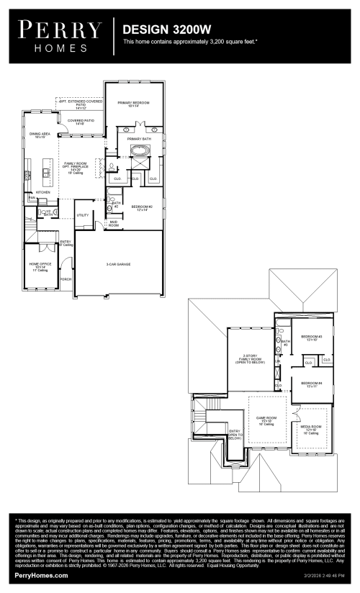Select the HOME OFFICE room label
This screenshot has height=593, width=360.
(39, 267)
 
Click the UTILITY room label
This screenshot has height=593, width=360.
(83, 214)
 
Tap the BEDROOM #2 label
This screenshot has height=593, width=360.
(139, 208)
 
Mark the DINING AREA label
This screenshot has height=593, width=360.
(40, 135)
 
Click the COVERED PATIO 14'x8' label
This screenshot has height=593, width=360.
(81, 122)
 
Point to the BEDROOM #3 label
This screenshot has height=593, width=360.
(311, 338)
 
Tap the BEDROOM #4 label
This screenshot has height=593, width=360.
(311, 384)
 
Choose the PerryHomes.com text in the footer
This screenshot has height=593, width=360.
(41, 576)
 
